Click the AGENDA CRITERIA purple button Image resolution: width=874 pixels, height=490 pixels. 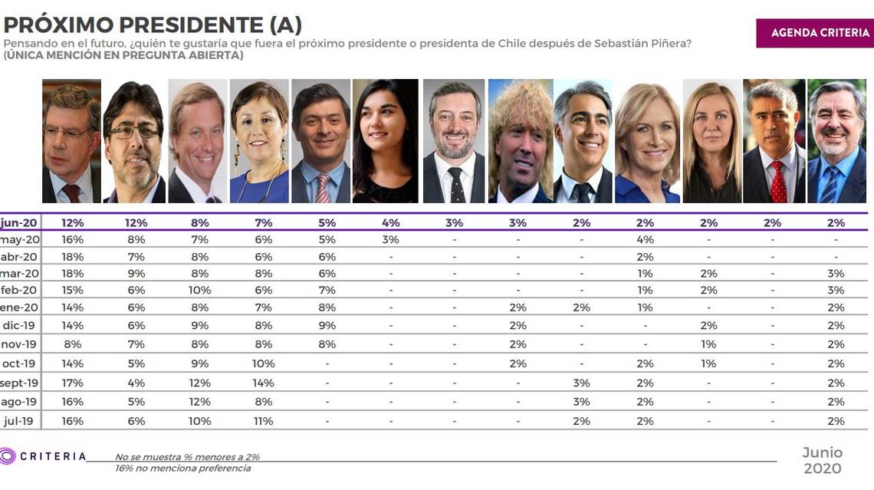[814, 33]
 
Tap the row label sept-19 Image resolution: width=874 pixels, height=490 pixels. [20, 383]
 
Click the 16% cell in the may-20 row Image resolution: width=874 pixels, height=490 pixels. [73, 239]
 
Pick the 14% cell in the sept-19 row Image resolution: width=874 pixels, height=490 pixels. [262, 383]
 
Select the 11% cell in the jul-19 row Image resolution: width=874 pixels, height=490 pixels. [262, 421]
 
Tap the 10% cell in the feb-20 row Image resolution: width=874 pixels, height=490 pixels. [199, 290]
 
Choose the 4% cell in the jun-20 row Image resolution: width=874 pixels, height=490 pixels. [390, 222]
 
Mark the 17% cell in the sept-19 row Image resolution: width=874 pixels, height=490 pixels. [73, 383]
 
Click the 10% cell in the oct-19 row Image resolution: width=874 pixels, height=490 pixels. [262, 363]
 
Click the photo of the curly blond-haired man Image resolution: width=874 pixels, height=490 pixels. [521, 140]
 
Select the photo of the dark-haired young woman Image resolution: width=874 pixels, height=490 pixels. [385, 140]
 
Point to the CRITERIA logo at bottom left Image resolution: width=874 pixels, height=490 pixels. [44, 456]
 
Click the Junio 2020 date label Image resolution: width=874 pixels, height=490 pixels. [822, 460]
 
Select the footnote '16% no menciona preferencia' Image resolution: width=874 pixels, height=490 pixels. [182, 468]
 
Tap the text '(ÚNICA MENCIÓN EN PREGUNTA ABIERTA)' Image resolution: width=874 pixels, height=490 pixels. [123, 55]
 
